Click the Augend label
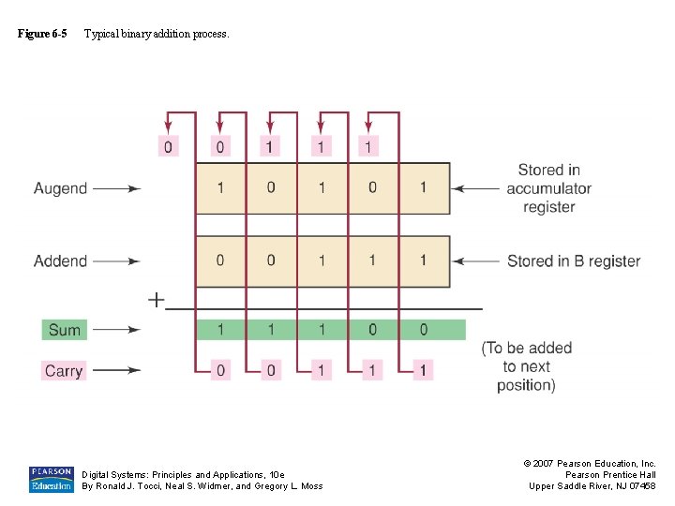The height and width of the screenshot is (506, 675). click(x=60, y=188)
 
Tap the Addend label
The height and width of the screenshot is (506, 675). click(x=60, y=261)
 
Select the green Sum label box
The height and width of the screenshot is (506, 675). click(x=65, y=330)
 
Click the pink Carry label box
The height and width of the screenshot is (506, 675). click(x=64, y=371)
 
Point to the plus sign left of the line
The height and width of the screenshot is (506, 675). click(x=156, y=301)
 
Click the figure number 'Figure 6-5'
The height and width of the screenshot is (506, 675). click(x=42, y=34)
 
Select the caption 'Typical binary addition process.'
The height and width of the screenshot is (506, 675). click(x=156, y=34)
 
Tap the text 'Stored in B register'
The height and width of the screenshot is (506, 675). click(x=573, y=261)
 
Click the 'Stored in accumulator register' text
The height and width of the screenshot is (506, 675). click(x=548, y=188)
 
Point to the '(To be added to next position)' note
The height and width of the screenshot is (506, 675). click(x=526, y=366)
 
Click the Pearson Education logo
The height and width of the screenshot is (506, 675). click(x=51, y=479)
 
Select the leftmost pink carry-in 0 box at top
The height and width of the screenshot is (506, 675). click(x=169, y=146)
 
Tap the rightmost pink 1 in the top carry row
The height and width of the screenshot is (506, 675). click(x=368, y=146)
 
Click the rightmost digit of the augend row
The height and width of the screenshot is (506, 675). click(x=423, y=187)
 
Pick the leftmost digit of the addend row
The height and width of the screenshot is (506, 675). click(x=220, y=260)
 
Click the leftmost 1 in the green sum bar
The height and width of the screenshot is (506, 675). click(x=220, y=330)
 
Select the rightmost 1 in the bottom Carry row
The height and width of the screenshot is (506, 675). click(x=423, y=371)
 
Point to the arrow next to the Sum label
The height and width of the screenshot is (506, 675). click(x=116, y=330)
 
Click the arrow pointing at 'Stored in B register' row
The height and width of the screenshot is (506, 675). click(x=475, y=261)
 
